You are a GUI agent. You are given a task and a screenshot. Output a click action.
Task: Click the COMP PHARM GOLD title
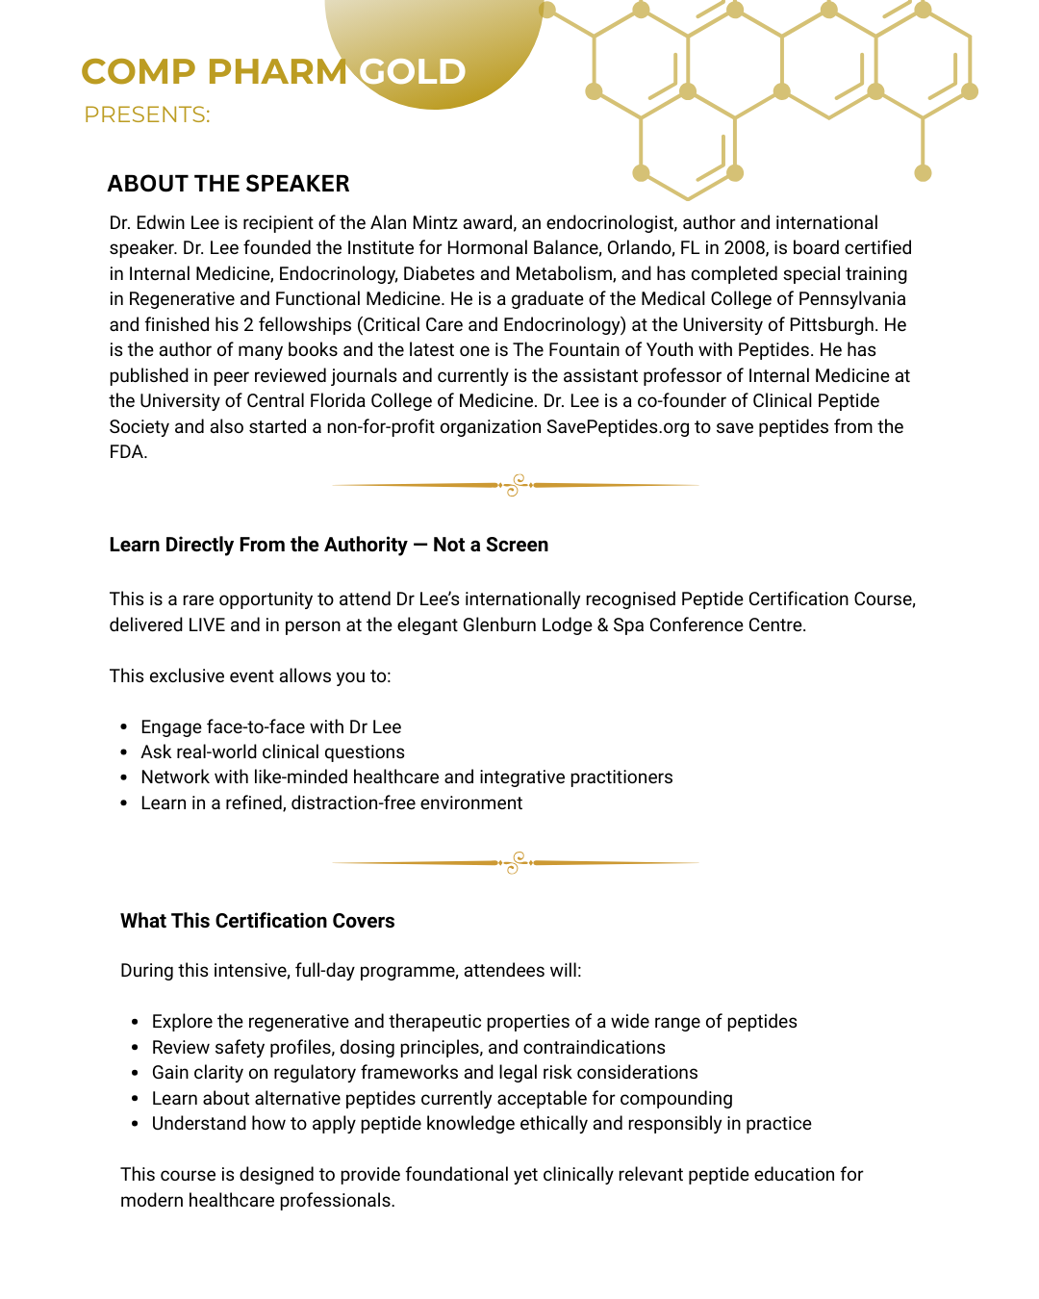(273, 72)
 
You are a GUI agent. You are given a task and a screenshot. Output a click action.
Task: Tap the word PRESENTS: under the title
(147, 115)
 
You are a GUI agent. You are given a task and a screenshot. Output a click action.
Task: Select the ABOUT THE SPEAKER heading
(228, 184)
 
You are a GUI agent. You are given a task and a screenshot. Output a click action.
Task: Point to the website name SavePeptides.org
(618, 426)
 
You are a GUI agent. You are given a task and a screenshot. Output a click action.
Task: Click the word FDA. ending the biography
(128, 452)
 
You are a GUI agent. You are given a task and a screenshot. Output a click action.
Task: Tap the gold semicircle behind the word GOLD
(435, 38)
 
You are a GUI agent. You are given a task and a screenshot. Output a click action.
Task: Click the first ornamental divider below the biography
(515, 485)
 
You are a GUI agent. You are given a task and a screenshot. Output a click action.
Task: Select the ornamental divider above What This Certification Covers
(515, 863)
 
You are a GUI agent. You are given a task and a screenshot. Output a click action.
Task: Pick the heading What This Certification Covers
(257, 921)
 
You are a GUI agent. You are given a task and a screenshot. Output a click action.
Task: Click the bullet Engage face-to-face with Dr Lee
(270, 727)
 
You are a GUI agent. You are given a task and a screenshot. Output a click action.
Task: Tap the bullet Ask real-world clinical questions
(272, 752)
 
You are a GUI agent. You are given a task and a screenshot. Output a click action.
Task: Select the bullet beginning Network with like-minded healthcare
(406, 777)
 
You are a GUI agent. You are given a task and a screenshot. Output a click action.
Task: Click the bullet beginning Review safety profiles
(408, 1048)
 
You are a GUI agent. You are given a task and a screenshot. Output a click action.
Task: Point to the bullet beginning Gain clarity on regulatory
(424, 1073)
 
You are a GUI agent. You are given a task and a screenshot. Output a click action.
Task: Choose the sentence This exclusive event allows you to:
(250, 676)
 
